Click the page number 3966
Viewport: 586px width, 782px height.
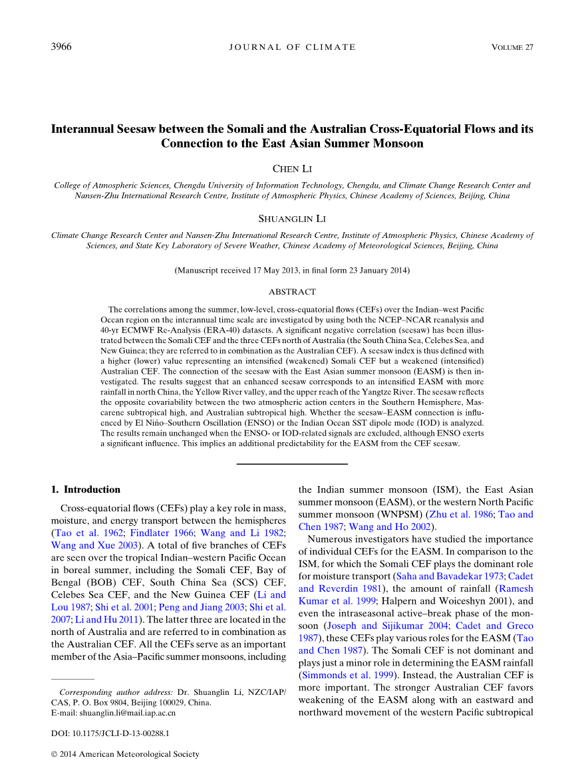[x=61, y=47]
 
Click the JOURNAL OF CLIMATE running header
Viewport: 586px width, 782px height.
[x=292, y=47]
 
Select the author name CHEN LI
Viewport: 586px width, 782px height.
[x=292, y=171]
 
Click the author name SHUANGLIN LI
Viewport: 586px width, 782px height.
[x=292, y=219]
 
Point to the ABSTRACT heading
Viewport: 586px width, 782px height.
[x=292, y=292]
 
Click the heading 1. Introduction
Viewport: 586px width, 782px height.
[x=86, y=489]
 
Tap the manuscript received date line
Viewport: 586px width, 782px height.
[x=292, y=271]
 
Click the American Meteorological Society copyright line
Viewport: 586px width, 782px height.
[x=125, y=754]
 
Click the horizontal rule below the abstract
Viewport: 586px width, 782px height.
[x=292, y=463]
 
